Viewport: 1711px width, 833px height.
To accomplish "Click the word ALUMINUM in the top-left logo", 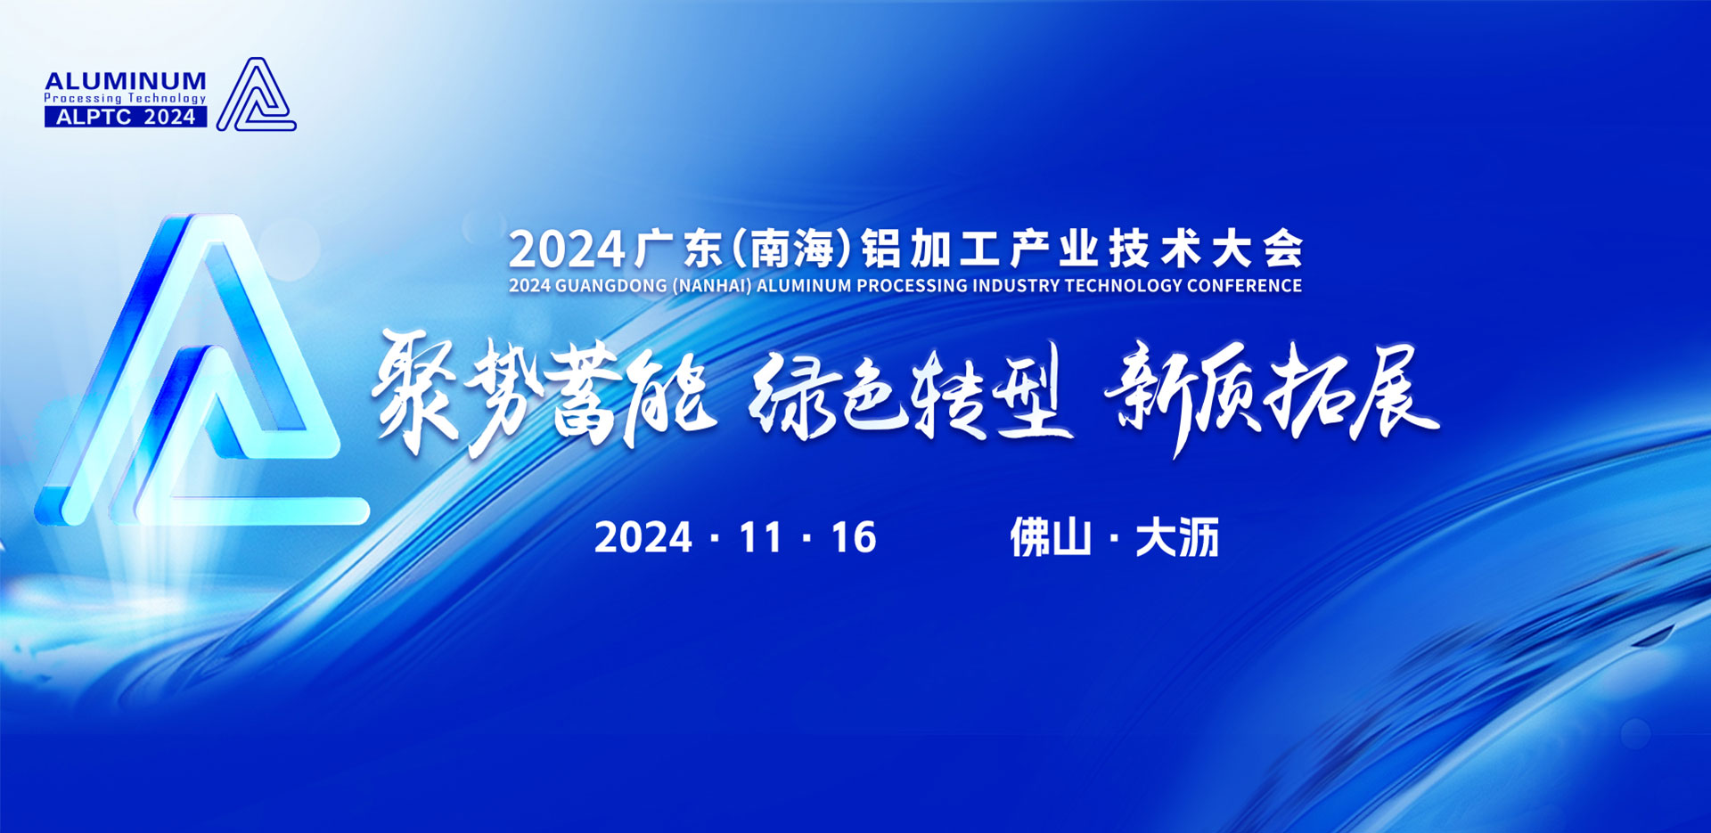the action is pos(126,81).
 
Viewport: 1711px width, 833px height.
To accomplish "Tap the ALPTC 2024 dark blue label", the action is pos(126,117).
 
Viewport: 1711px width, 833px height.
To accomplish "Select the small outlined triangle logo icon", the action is pos(256,94).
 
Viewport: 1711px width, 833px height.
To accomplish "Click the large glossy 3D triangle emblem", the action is pos(201,369).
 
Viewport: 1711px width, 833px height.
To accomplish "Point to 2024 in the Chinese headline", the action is pos(567,249).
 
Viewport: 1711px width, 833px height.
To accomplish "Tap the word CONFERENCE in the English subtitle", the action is pos(1244,286).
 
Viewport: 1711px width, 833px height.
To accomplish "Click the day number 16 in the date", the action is pos(854,537).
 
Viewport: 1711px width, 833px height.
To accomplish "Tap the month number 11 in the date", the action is pos(760,537).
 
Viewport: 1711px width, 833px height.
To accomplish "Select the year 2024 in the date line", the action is pos(643,537).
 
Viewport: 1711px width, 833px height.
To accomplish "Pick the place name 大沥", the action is pos(1177,537).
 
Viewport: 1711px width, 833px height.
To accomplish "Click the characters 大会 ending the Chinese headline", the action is pos(1258,249).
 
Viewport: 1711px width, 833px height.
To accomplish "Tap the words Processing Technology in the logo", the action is pos(126,99).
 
